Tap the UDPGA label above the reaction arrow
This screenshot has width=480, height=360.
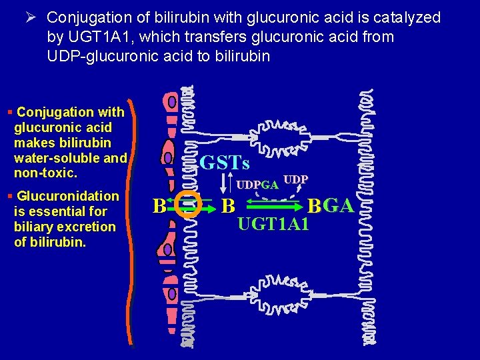point(257,185)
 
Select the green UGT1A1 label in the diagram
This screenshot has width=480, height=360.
point(273,225)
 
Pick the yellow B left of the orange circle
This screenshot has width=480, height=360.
point(159,205)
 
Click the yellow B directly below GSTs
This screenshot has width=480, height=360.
point(228,205)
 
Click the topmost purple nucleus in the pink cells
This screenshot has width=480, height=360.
point(172,102)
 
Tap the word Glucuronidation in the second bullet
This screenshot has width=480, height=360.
point(68,196)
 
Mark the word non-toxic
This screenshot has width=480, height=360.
point(45,173)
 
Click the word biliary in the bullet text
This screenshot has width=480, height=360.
point(37,227)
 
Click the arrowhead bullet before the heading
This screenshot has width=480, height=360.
point(31,17)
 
